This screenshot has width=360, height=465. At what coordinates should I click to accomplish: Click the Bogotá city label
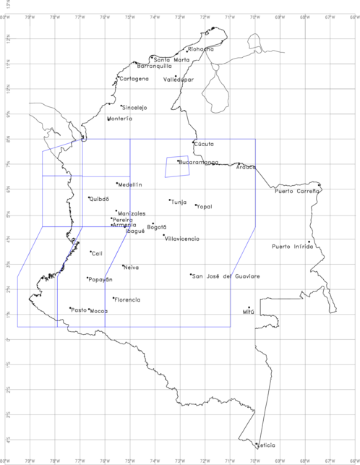pyautogui.click(x=156, y=227)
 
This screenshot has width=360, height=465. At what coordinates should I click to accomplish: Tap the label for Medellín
pyautogui.click(x=131, y=184)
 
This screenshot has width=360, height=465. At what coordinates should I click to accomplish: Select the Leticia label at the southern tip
pyautogui.click(x=266, y=445)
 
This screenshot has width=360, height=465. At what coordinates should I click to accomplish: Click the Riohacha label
pyautogui.click(x=200, y=49)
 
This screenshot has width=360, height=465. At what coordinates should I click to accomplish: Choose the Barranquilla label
pyautogui.click(x=155, y=66)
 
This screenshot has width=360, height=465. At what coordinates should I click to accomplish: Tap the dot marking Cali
pyautogui.click(x=91, y=252)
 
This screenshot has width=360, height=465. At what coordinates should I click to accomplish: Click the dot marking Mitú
pyautogui.click(x=249, y=307)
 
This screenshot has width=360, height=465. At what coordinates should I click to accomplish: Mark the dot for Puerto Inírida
pyautogui.click(x=309, y=242)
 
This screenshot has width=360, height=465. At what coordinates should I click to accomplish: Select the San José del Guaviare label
pyautogui.click(x=226, y=276)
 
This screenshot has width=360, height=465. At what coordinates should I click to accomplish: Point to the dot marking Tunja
pyautogui.click(x=170, y=200)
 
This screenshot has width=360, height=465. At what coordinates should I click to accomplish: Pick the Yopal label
pyautogui.click(x=205, y=206)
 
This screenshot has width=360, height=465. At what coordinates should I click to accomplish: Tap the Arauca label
pyautogui.click(x=246, y=167)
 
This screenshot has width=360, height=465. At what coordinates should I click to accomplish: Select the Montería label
pyautogui.click(x=120, y=119)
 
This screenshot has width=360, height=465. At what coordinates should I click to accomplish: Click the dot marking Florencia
pyautogui.click(x=113, y=297)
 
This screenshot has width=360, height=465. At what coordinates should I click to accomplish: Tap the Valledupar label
pyautogui.click(x=179, y=80)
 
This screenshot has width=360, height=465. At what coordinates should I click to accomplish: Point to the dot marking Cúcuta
pyautogui.click(x=193, y=142)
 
